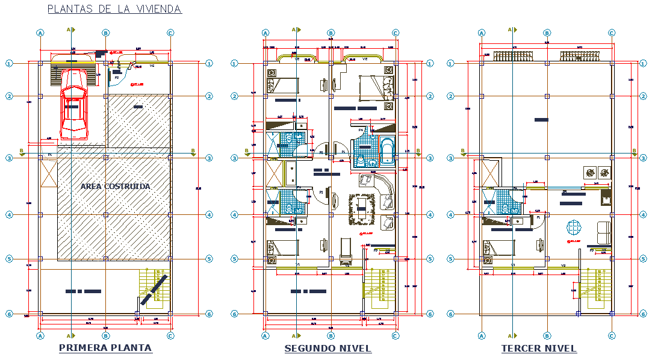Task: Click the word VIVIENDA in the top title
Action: point(157,8)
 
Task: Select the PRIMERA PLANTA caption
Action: point(105,348)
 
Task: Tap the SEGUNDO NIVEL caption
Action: point(328,349)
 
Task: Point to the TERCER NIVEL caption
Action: point(539,349)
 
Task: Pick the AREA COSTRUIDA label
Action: point(116,187)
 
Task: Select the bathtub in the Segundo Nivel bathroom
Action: point(387,151)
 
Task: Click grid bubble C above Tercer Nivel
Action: point(612,33)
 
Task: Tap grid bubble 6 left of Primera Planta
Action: point(9,314)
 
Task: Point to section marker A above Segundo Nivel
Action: point(295,29)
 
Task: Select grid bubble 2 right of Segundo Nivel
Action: point(430,96)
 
